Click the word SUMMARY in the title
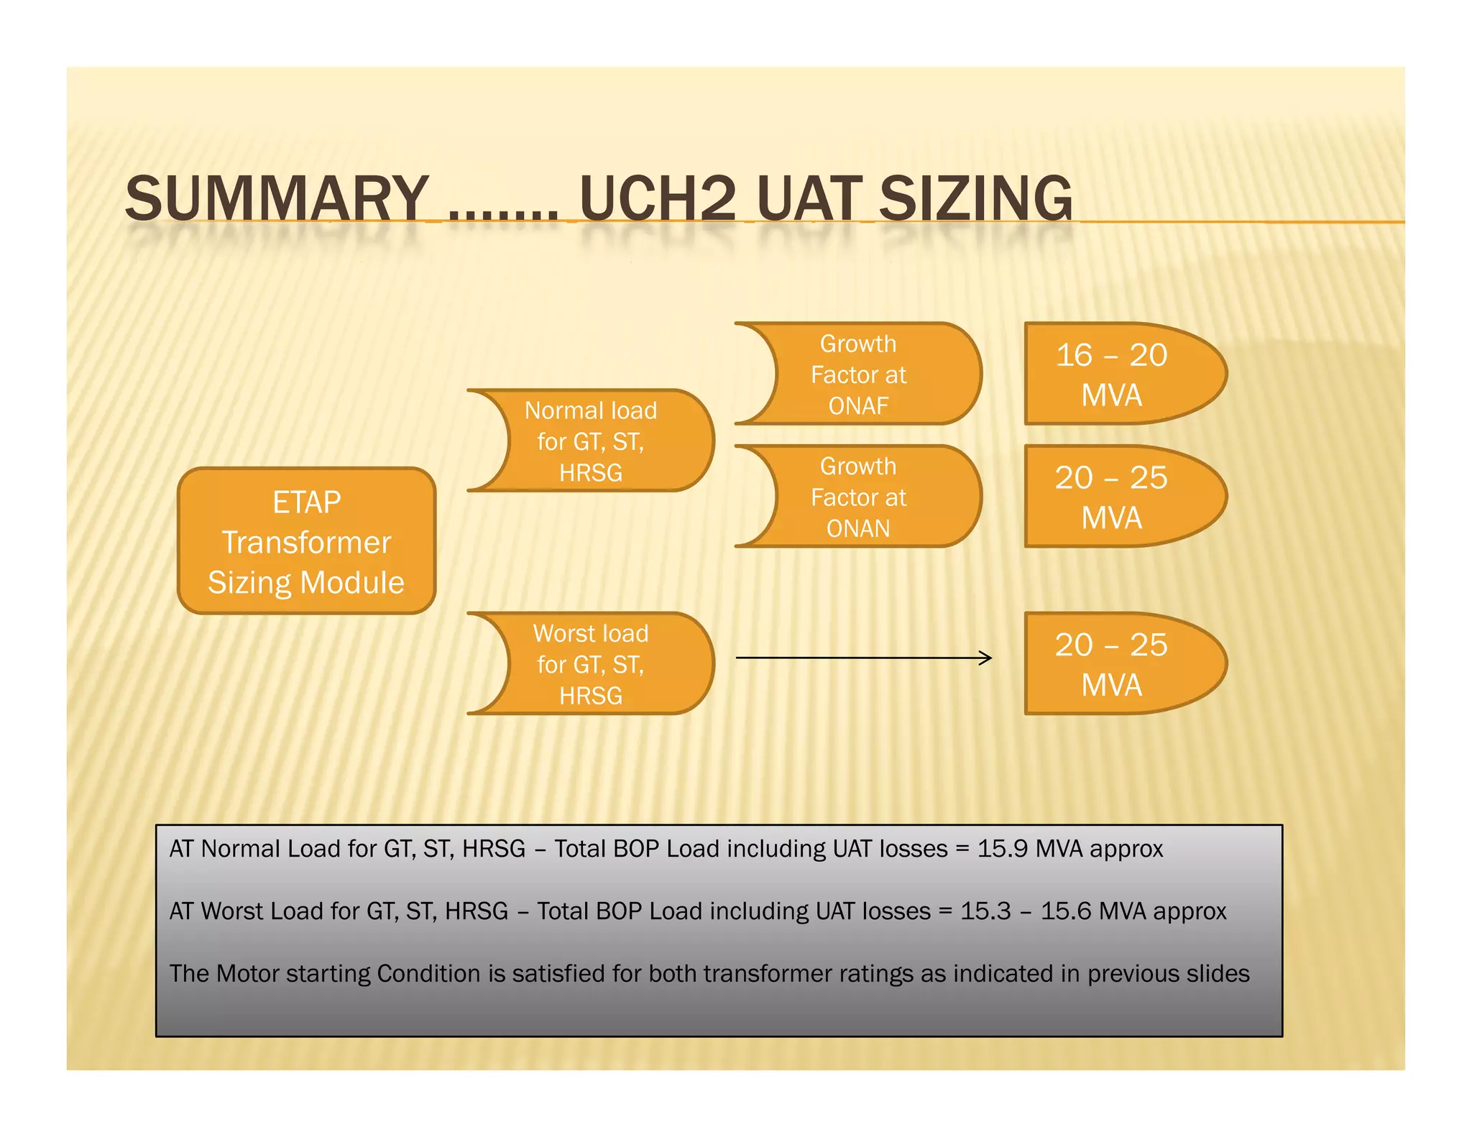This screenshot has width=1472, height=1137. click(277, 199)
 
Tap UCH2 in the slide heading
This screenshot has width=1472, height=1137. click(658, 199)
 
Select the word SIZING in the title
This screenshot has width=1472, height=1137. click(975, 199)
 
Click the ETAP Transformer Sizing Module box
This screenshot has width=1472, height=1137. click(306, 541)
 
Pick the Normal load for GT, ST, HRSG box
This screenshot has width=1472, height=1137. click(591, 441)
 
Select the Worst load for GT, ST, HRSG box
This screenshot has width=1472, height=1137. click(591, 664)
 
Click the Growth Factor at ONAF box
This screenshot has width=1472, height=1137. click(858, 374)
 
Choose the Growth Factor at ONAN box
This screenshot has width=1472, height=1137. click(858, 497)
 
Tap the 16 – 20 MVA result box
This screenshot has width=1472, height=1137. click(1111, 374)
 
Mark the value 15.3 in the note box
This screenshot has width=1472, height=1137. click(985, 911)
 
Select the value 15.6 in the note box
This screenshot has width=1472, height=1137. click(1066, 911)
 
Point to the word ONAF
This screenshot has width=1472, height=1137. click(858, 406)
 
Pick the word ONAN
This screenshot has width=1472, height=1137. click(858, 529)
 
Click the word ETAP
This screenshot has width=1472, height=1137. click(306, 502)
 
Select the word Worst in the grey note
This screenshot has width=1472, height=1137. click(233, 911)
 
